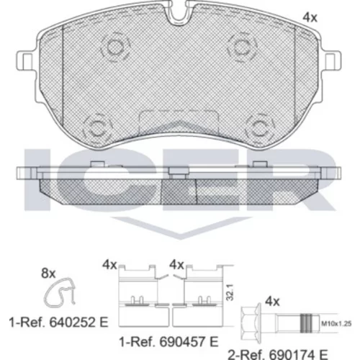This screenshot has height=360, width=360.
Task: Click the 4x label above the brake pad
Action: (310, 17)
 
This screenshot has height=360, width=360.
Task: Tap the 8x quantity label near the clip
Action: (48, 274)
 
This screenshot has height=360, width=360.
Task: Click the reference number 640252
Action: (73, 323)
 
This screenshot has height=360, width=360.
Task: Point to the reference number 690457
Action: (183, 342)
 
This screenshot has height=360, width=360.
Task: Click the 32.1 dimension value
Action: (230, 292)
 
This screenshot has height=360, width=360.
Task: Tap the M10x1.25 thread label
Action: (336, 323)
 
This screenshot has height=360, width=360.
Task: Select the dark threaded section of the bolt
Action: (307, 323)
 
